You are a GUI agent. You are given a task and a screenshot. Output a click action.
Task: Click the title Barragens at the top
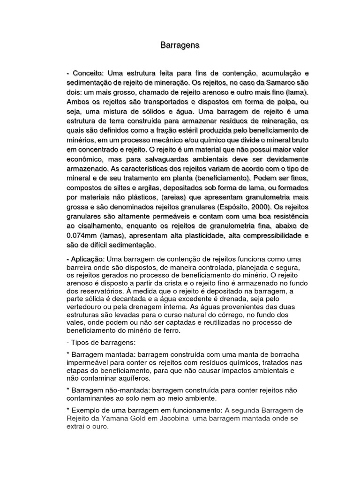(180, 45)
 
